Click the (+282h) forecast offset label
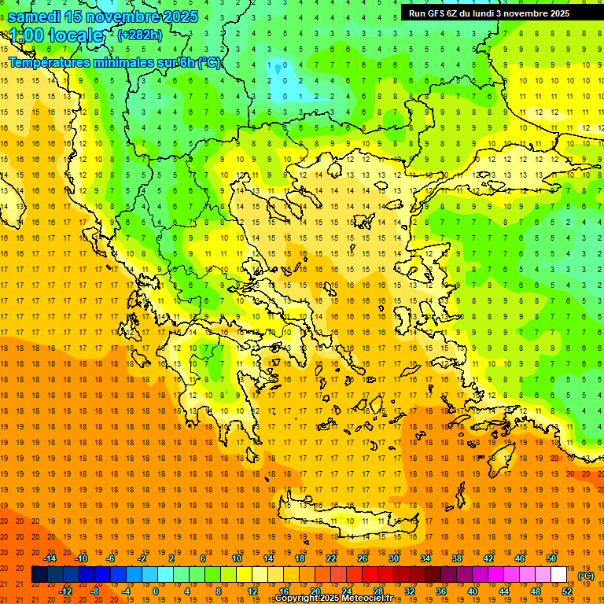pyautogui.click(x=140, y=35)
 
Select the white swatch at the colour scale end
pyautogui.click(x=559, y=575)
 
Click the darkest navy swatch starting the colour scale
pyautogui.click(x=40, y=575)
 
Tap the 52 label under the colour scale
pyautogui.click(x=567, y=591)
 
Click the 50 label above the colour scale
pyautogui.click(x=551, y=558)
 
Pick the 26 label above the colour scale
pyautogui.click(x=363, y=558)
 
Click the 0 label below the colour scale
pyautogui.click(x=156, y=591)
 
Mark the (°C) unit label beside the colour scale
pyautogui.click(x=586, y=576)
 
